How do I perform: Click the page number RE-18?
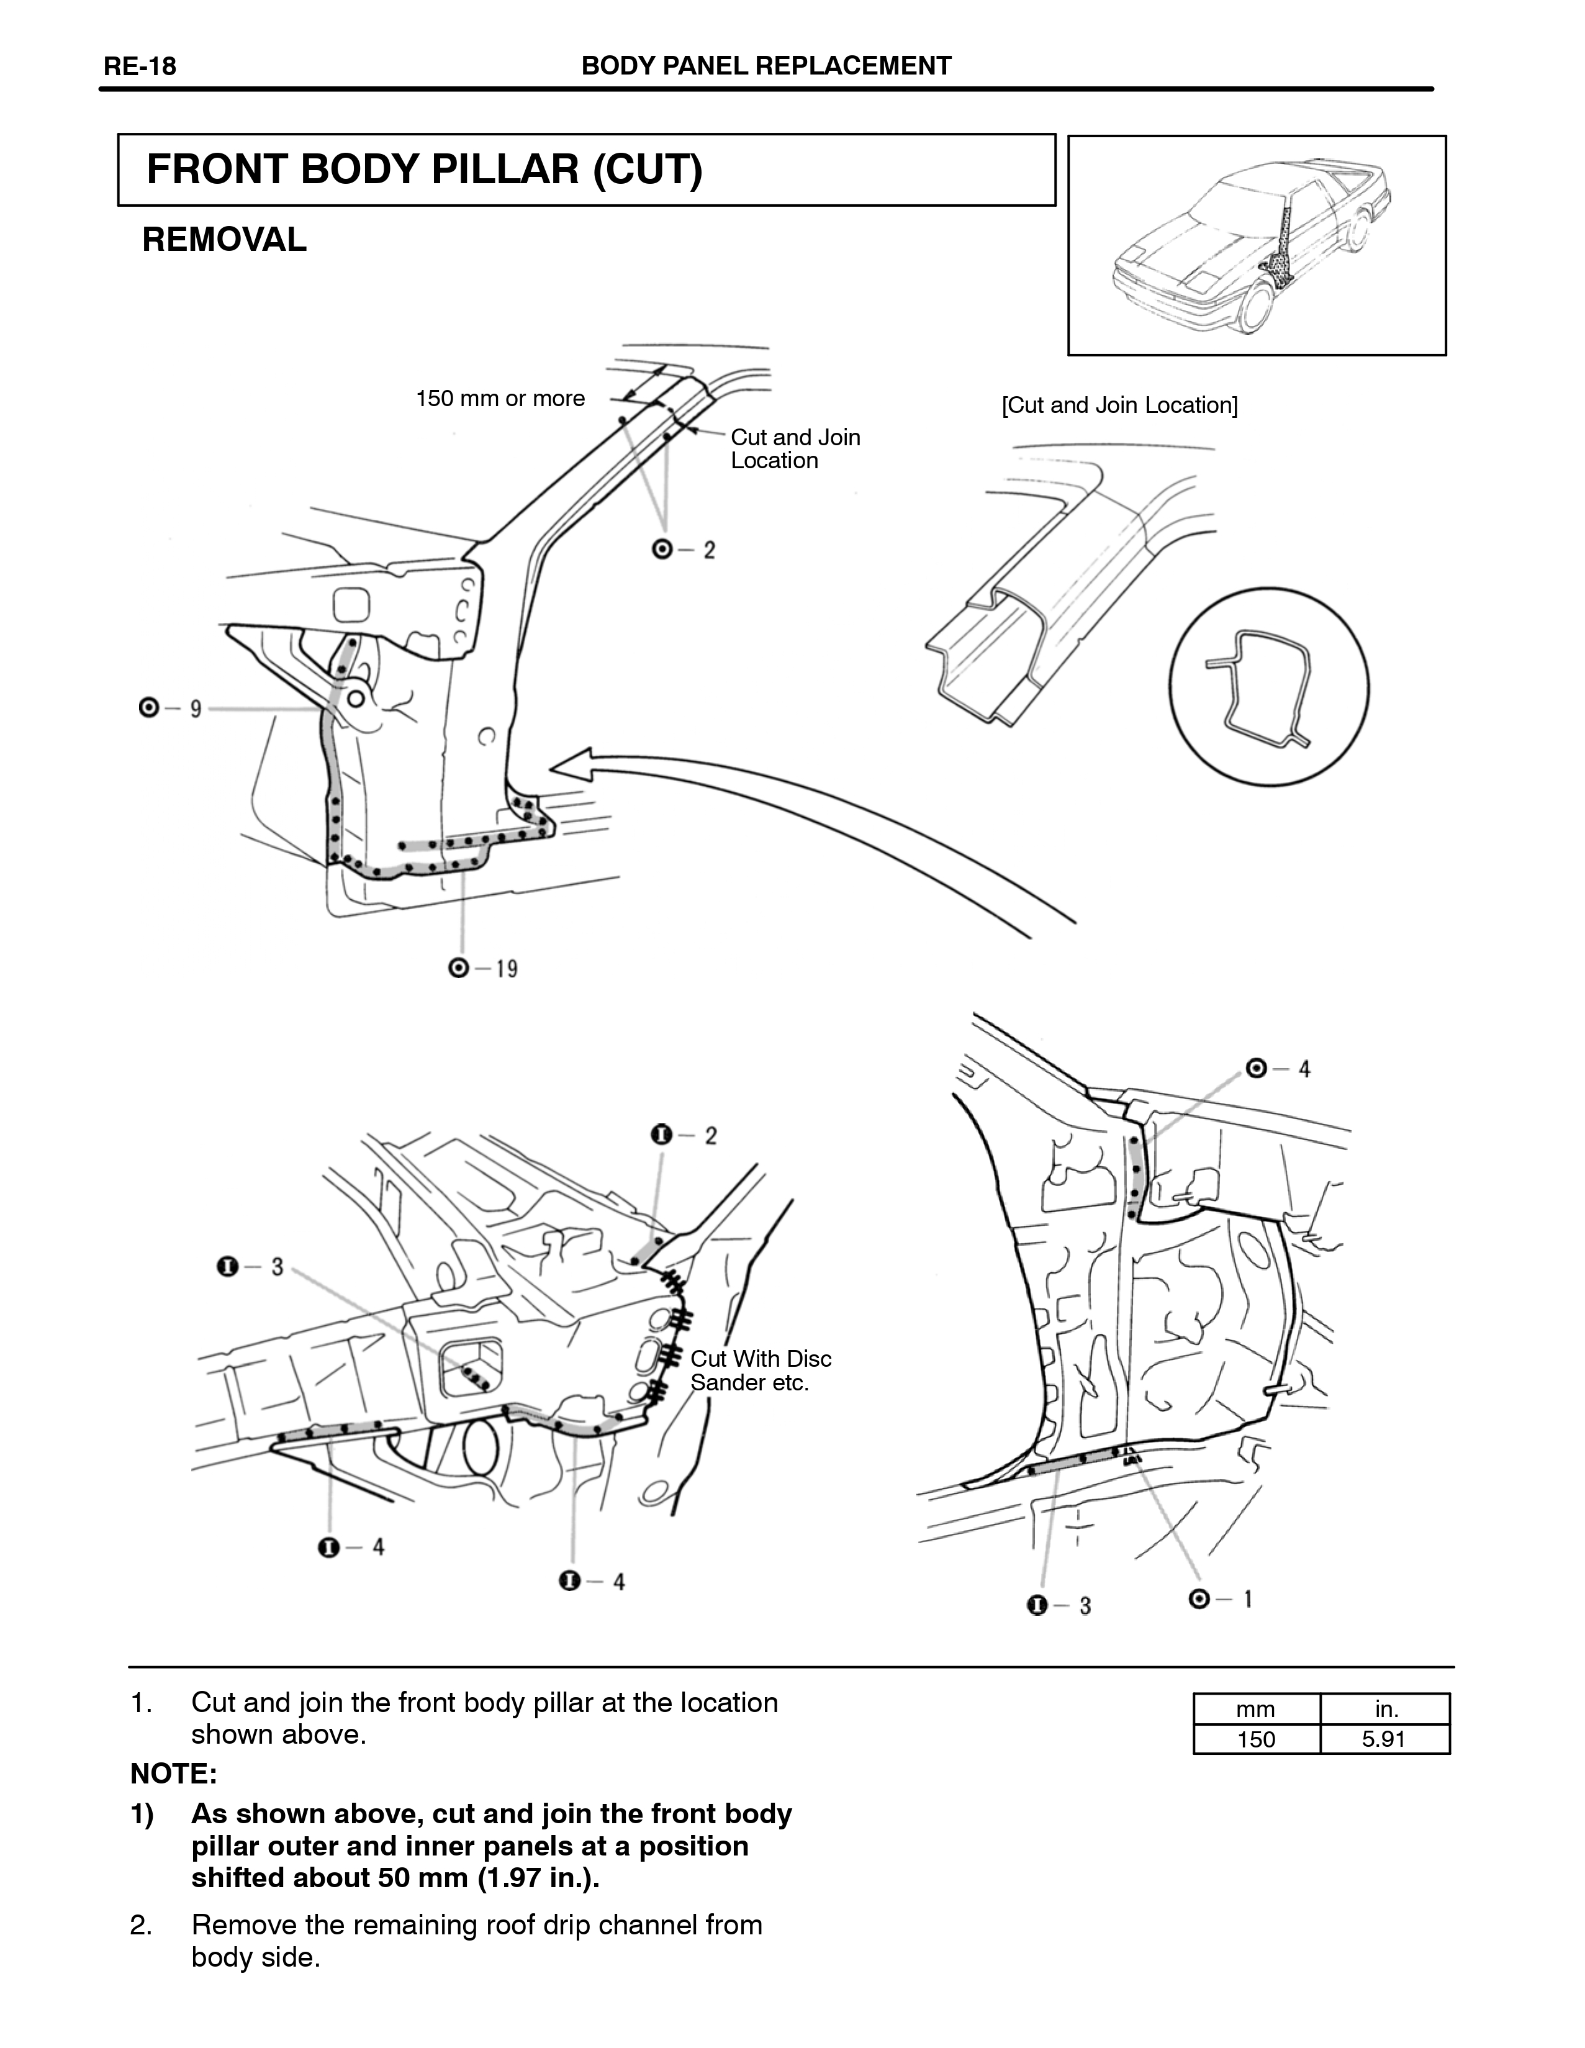pyautogui.click(x=140, y=66)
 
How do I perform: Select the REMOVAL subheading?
pyautogui.click(x=224, y=240)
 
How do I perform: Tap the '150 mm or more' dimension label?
pyautogui.click(x=500, y=399)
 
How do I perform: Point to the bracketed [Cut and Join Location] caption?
pyautogui.click(x=1119, y=405)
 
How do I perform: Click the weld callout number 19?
pyautogui.click(x=506, y=969)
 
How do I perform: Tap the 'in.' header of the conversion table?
pyautogui.click(x=1385, y=1708)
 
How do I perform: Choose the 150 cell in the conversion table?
pyautogui.click(x=1256, y=1739)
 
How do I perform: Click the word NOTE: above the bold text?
pyautogui.click(x=173, y=1774)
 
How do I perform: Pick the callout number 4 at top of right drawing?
pyautogui.click(x=1304, y=1069)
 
